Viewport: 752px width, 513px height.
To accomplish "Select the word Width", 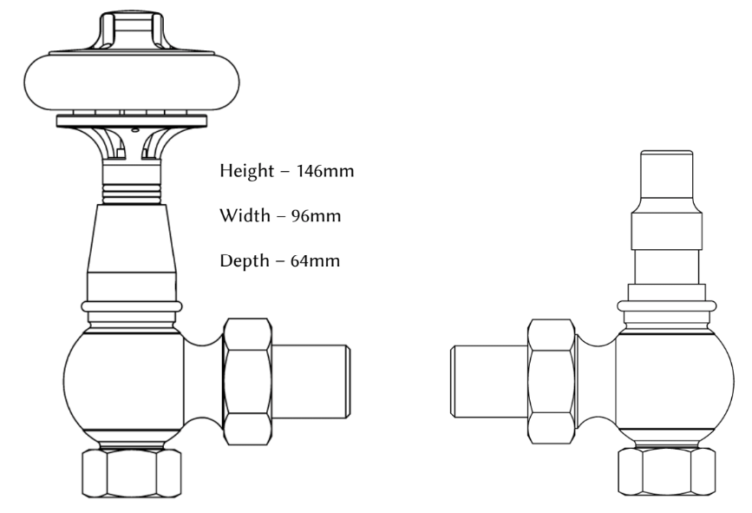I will point(245,215).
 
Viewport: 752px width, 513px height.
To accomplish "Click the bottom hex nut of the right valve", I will point(664,472).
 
